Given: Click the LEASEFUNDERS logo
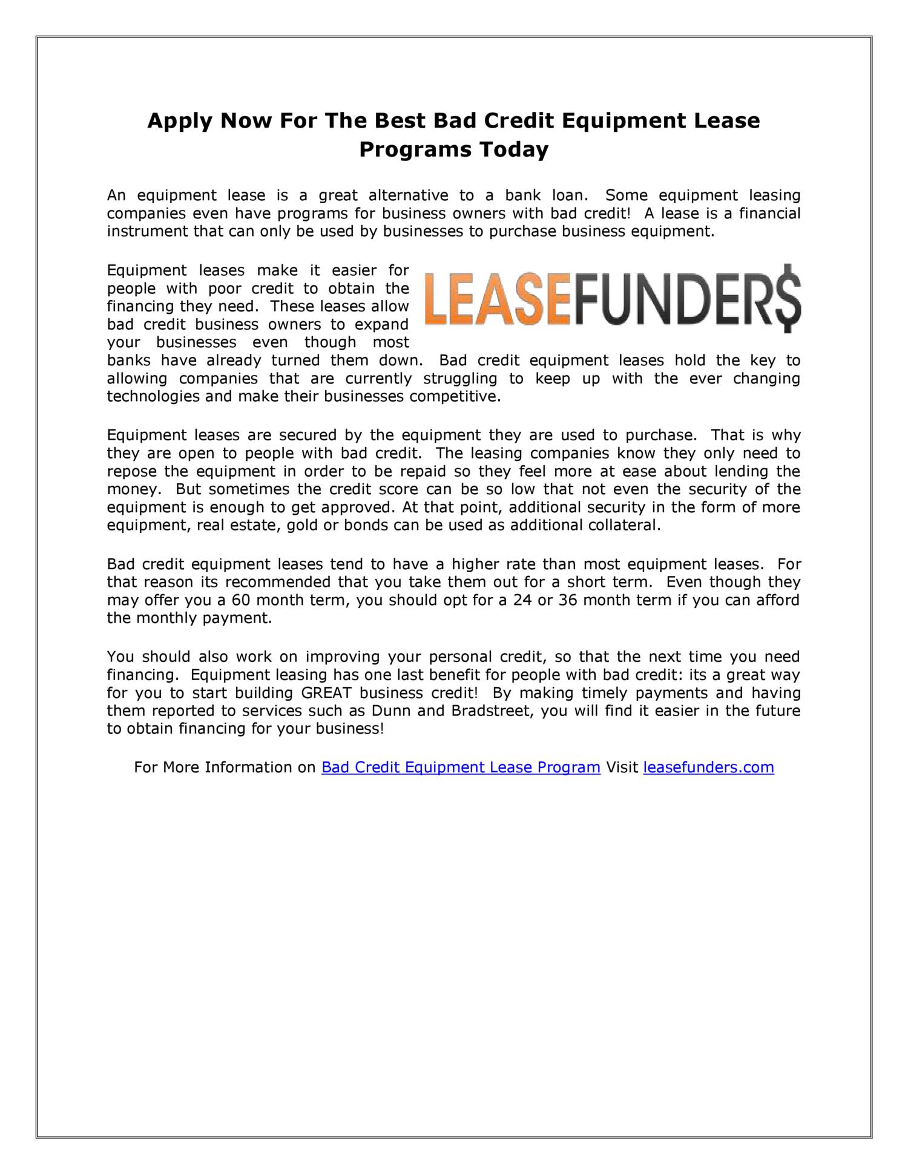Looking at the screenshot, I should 613,299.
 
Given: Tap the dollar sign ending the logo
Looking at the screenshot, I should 788,298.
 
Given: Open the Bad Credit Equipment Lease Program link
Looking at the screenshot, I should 461,768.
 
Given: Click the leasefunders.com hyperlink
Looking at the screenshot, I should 708,768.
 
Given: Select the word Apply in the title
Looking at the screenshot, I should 180,121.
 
